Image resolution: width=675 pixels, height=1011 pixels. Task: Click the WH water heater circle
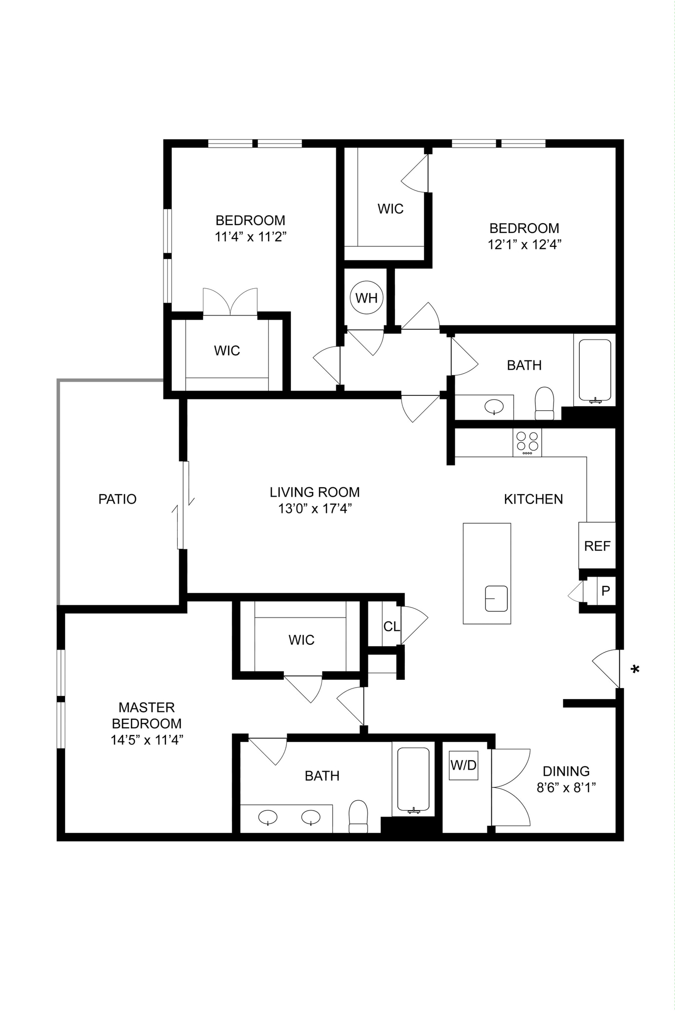366,298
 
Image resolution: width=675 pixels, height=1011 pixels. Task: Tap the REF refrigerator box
597,545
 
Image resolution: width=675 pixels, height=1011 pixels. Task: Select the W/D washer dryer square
463,765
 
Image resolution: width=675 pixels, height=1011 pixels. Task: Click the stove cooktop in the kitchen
527,442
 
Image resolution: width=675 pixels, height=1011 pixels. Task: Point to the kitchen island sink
496,598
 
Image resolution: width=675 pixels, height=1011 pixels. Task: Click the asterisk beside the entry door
635,669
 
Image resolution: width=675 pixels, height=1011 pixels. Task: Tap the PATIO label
118,499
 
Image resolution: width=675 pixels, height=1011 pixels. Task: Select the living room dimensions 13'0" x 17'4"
315,508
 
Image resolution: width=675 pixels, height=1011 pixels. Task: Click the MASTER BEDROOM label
147,715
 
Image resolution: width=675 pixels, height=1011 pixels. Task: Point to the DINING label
566,771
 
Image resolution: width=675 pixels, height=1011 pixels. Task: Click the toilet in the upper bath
545,403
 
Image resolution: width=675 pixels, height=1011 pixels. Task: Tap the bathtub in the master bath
413,780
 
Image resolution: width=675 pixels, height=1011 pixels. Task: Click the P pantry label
606,590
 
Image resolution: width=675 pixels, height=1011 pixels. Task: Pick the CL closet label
391,626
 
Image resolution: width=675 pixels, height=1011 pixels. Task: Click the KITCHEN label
533,499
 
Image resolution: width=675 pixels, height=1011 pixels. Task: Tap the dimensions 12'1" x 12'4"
524,244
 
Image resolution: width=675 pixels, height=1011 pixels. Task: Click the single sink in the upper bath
494,407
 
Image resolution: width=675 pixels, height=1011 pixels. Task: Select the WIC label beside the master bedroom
301,640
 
